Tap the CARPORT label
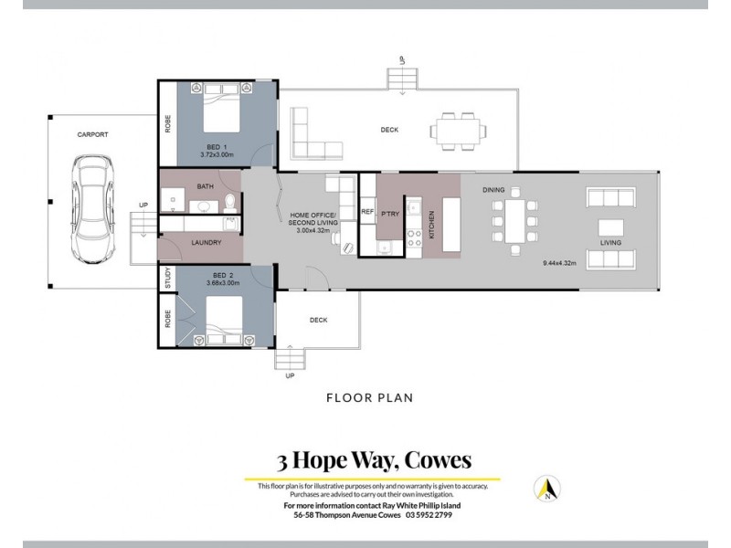point(92,134)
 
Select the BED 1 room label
point(217,149)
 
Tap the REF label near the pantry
point(367,211)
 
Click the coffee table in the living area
point(612,226)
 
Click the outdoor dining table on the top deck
point(456,131)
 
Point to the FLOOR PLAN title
point(370,397)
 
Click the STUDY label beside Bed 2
point(167,279)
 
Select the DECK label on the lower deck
point(318,320)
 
